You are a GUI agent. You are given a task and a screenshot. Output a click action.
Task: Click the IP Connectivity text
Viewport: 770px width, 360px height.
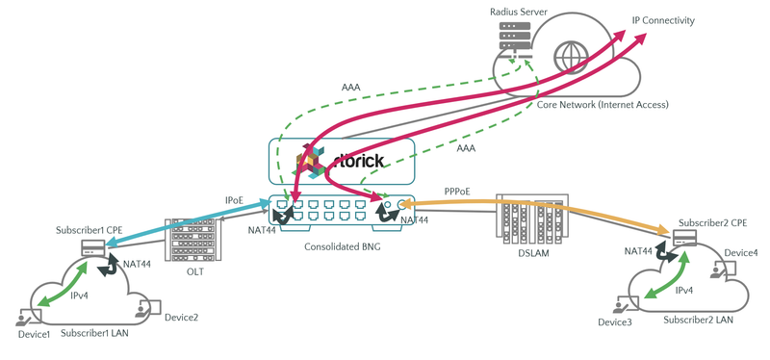(663, 20)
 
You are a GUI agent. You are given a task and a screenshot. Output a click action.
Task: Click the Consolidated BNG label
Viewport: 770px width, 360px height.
(347, 247)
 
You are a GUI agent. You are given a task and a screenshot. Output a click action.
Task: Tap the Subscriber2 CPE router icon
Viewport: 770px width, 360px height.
(684, 239)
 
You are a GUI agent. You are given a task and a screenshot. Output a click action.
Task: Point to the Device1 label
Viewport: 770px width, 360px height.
(35, 334)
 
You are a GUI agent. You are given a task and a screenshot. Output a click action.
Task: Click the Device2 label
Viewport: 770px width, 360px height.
(181, 318)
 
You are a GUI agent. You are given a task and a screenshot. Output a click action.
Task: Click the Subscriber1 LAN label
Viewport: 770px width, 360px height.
(97, 334)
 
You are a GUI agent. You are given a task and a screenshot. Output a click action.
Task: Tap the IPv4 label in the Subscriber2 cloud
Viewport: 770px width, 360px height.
(684, 289)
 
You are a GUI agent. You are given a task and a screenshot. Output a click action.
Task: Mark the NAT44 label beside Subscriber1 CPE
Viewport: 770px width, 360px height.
(136, 263)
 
